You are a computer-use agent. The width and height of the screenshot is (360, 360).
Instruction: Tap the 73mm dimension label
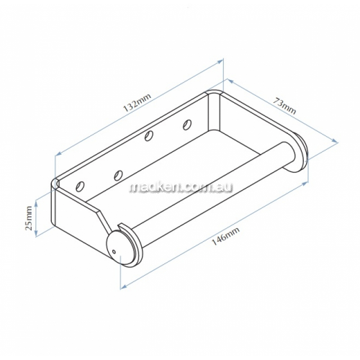click(284, 106)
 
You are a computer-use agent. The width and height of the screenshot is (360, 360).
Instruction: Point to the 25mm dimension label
click(30, 218)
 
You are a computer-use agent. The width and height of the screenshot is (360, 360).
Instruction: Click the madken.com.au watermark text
click(181, 188)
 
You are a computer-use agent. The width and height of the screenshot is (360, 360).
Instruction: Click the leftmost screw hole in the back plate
click(80, 186)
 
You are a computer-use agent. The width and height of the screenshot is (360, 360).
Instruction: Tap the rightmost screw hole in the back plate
click(187, 125)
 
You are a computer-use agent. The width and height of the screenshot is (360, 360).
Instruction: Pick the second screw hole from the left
click(118, 175)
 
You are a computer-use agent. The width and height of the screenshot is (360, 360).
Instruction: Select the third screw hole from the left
click(149, 136)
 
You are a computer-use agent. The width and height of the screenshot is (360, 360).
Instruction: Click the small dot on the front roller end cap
click(114, 252)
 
